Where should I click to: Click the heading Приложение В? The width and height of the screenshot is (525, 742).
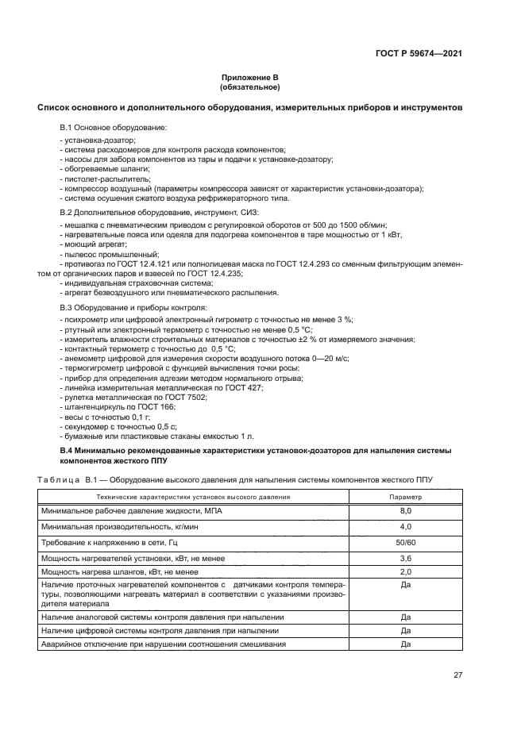click(x=249, y=78)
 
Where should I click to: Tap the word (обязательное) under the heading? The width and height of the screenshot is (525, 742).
click(x=249, y=87)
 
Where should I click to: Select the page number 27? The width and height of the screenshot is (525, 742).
click(x=457, y=675)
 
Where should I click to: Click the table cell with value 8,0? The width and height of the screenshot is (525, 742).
click(x=405, y=513)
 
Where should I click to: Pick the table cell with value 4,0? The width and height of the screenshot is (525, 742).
click(x=405, y=527)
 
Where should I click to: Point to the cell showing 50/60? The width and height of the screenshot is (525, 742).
click(x=405, y=542)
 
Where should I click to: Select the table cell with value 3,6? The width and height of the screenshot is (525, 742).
click(x=405, y=558)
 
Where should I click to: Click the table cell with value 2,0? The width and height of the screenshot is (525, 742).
click(x=405, y=571)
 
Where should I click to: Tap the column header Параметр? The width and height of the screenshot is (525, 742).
click(x=405, y=497)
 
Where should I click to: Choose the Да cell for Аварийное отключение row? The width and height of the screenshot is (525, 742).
click(x=405, y=644)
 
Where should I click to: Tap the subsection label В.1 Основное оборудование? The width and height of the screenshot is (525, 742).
click(x=114, y=127)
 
